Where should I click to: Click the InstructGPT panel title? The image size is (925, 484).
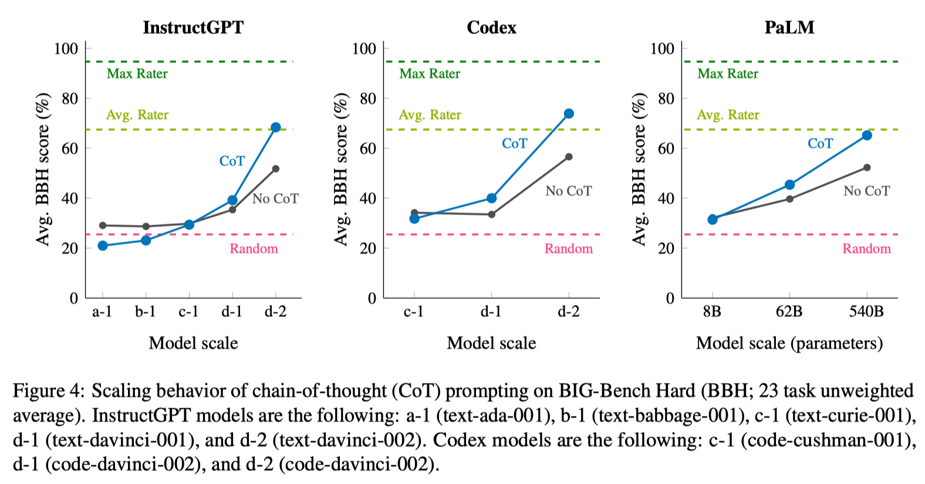pos(193,28)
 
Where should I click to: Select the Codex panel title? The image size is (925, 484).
pos(491,28)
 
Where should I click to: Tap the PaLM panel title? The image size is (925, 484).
pos(789,28)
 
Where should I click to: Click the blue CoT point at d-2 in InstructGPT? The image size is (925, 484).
pos(275,127)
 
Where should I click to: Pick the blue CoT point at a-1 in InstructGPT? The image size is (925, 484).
pos(103,246)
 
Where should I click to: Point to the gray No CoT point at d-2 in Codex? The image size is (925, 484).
pos(569,157)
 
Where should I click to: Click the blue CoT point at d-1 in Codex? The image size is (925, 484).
pos(491,199)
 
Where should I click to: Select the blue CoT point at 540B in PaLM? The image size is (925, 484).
pos(867,136)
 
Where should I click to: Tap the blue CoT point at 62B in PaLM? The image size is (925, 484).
pos(789,185)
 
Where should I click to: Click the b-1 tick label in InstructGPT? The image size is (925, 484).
pos(146,311)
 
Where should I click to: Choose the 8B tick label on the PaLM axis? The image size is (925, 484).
pos(712,311)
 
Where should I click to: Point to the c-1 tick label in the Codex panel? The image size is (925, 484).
pos(414,311)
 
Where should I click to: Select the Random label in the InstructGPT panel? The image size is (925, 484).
pos(254,248)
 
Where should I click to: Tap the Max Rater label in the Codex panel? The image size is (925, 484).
pos(430,74)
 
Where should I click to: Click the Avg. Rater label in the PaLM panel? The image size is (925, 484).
pos(728,115)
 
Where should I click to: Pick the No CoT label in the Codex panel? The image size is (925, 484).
pos(568,191)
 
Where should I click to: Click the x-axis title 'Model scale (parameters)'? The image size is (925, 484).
pos(789,343)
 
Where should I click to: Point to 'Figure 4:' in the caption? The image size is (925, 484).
pos(49,391)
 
